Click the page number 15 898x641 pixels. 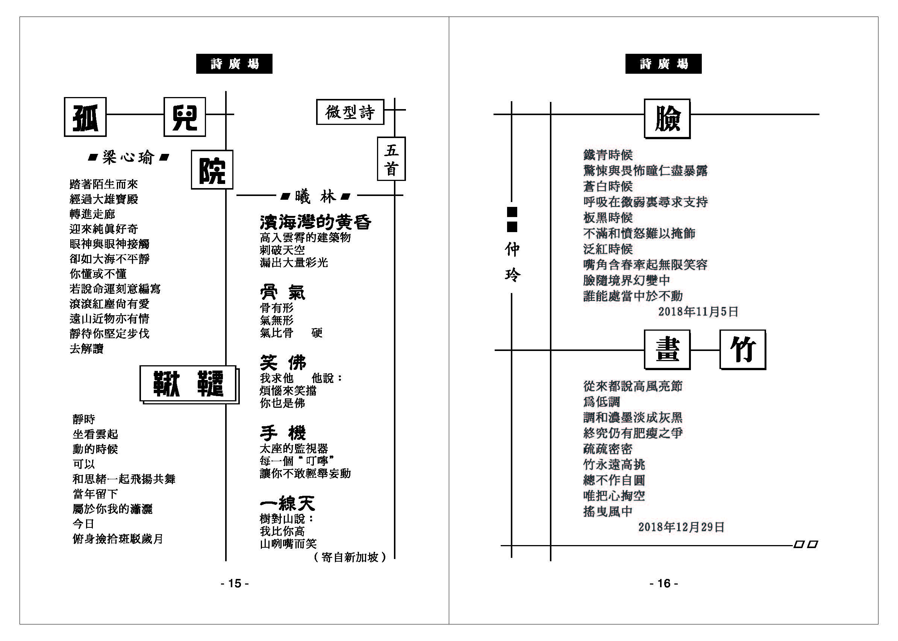(x=235, y=583)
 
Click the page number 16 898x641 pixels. (x=664, y=583)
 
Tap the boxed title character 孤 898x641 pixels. (x=85, y=117)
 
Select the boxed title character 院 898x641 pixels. (x=212, y=170)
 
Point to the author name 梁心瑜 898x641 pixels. (x=128, y=158)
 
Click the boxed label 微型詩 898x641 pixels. (x=350, y=112)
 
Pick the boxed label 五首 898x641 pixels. (x=391, y=159)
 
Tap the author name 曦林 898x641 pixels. (x=315, y=196)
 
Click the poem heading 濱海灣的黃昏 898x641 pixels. (x=315, y=222)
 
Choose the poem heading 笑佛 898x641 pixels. (x=282, y=362)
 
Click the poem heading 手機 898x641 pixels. (x=282, y=433)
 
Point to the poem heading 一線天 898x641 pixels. (x=288, y=503)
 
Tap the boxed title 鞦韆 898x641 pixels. (x=189, y=384)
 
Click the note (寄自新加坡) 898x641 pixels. (x=350, y=557)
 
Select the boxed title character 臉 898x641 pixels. (x=667, y=118)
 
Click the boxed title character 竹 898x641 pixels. (x=743, y=350)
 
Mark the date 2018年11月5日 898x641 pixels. (x=698, y=312)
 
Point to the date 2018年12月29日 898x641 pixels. (x=681, y=527)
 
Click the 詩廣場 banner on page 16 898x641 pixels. (x=663, y=64)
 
